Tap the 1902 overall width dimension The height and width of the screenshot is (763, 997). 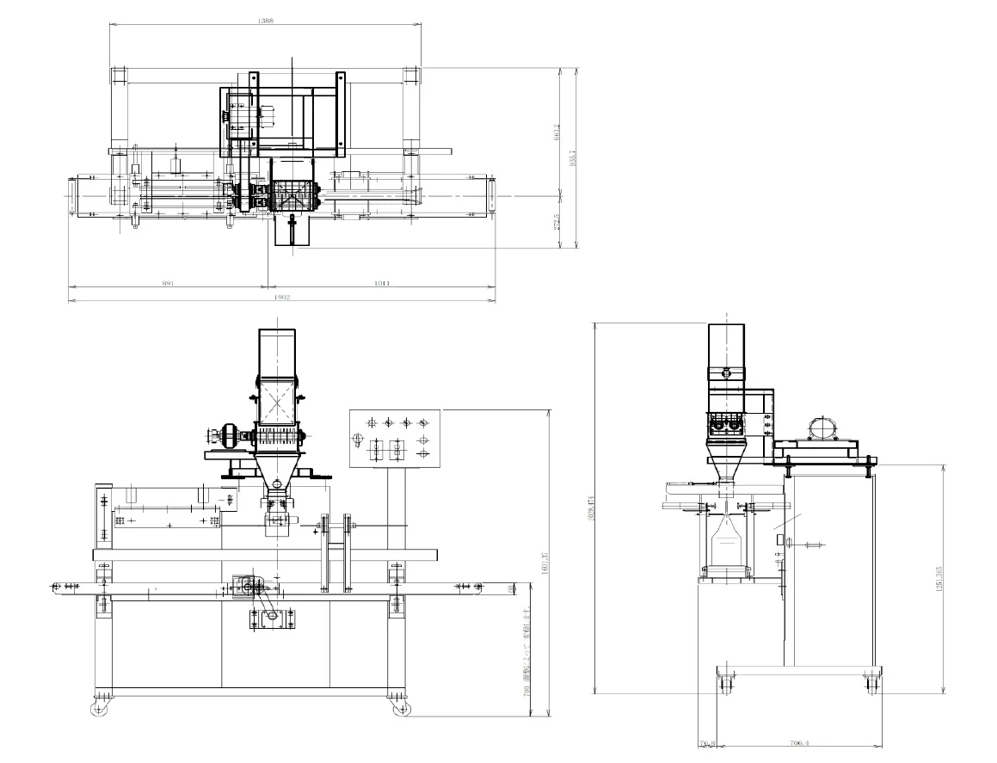pyautogui.click(x=281, y=298)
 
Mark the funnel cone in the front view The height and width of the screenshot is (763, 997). pyautogui.click(x=276, y=470)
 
